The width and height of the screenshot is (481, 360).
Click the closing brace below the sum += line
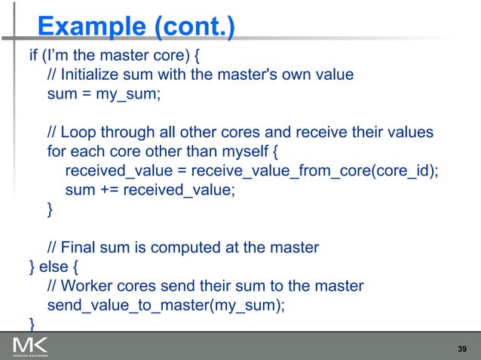(x=51, y=209)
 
